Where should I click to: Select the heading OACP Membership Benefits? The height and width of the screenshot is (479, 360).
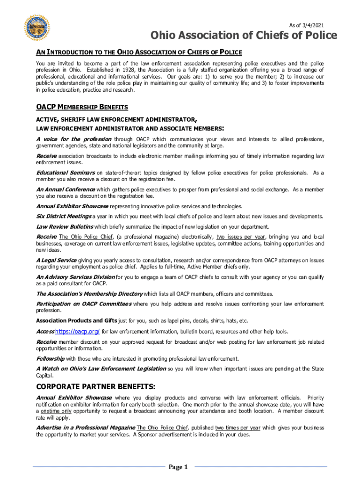82,108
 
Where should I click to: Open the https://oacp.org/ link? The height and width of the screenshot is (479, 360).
77,331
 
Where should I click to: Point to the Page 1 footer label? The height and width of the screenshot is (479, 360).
178,467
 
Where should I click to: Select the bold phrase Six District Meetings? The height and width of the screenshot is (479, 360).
64,216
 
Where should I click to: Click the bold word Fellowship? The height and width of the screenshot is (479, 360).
50,358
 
